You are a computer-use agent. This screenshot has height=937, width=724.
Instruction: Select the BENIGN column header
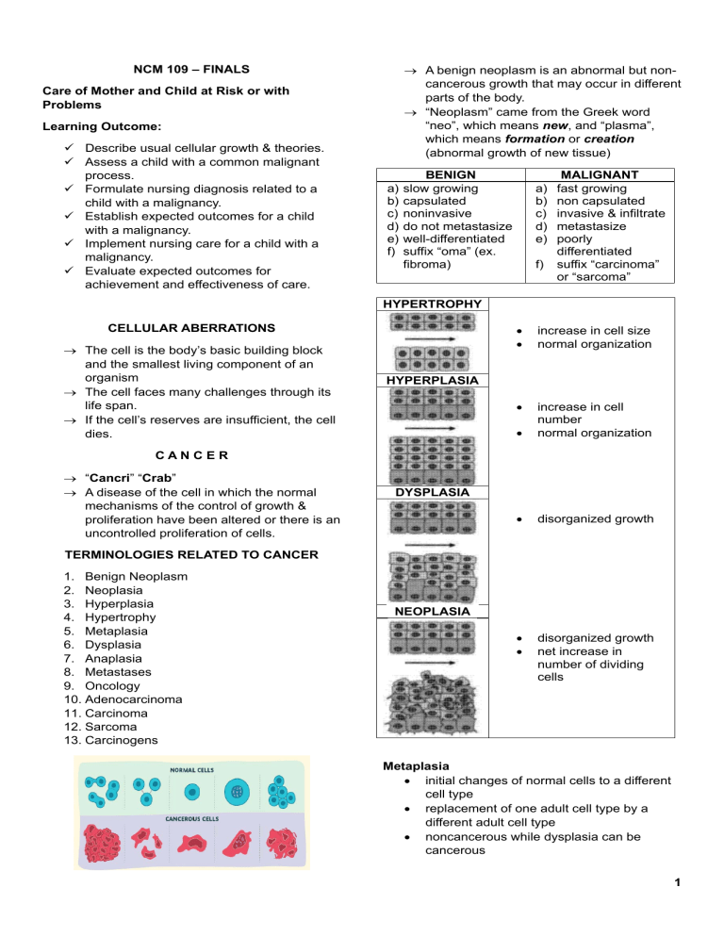click(451, 175)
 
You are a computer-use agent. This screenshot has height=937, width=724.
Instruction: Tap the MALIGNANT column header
click(599, 175)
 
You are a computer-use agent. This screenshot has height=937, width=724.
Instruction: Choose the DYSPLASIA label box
click(431, 491)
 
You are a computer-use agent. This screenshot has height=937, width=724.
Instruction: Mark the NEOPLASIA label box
click(431, 611)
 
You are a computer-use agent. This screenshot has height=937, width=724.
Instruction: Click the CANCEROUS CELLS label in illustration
click(194, 818)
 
